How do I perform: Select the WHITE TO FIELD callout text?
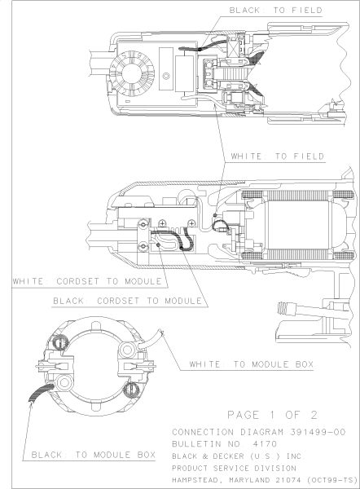[x=278, y=155]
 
